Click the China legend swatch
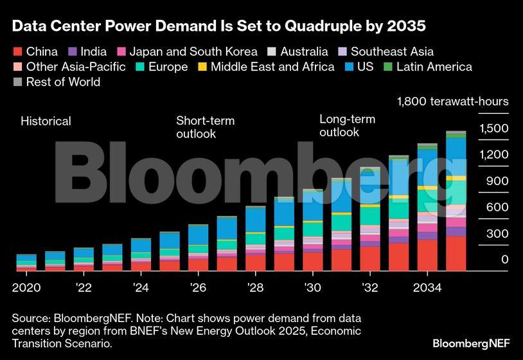click(17, 52)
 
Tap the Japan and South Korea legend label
click(193, 52)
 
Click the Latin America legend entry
click(434, 67)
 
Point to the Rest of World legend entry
click(63, 82)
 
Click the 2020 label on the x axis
click(26, 287)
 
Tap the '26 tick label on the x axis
click(198, 287)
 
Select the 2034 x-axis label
click(427, 287)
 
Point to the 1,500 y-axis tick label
click(494, 129)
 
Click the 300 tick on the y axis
click(497, 233)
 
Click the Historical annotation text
click(46, 121)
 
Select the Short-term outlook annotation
click(206, 127)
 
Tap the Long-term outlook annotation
click(348, 126)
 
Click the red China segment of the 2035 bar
click(456, 253)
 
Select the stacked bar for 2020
click(26, 262)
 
